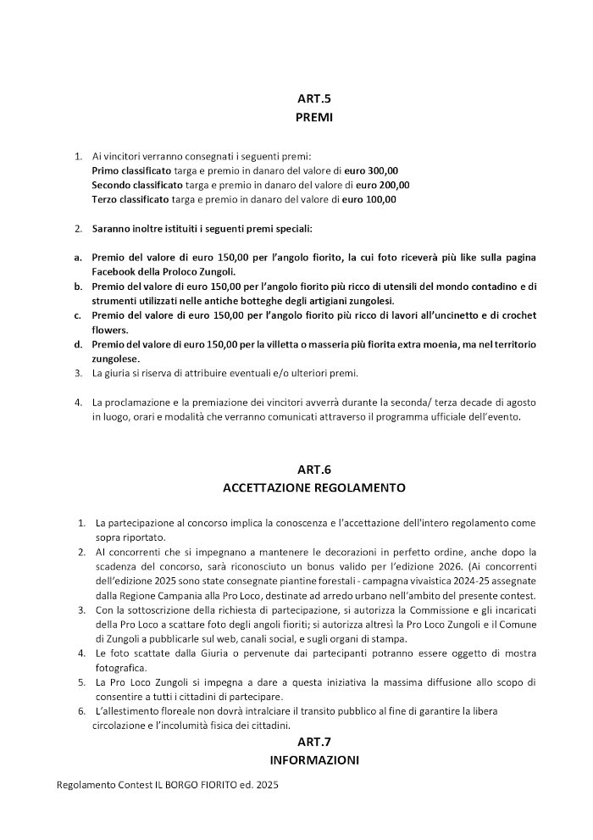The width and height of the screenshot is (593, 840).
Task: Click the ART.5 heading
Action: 313,99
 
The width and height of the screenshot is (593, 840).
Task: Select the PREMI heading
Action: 313,118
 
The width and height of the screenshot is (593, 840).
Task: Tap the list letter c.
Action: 78,315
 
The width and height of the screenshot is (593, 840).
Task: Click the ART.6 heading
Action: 313,469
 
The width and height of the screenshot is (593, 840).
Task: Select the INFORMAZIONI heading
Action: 313,760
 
